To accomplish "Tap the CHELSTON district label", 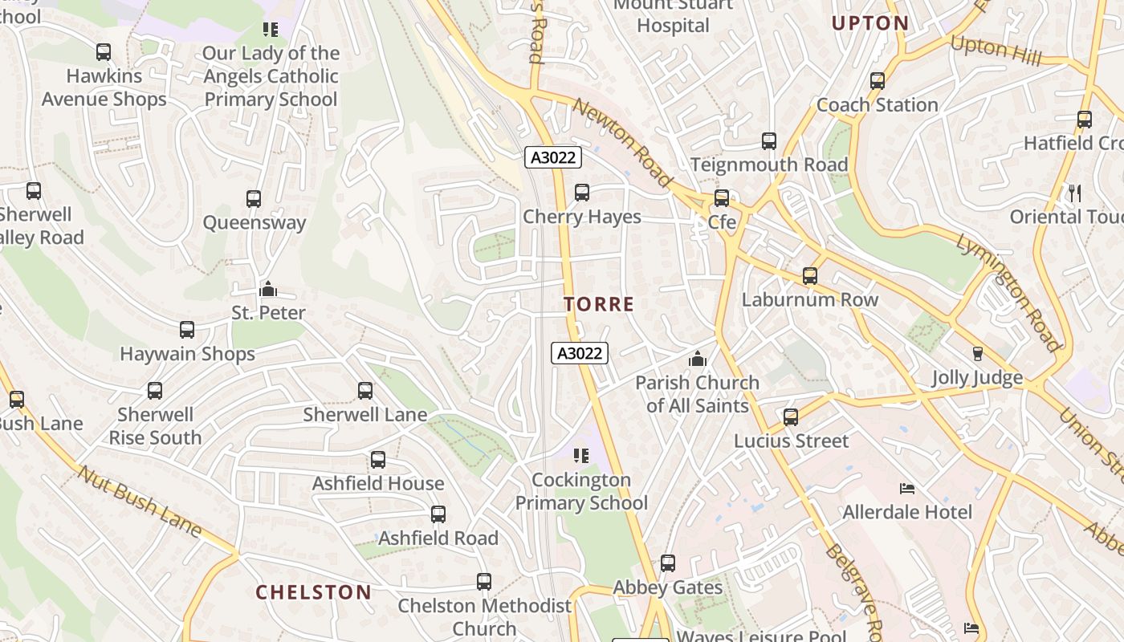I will tap(313, 593).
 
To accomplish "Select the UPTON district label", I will tap(870, 23).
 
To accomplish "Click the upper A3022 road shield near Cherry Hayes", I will tap(553, 157).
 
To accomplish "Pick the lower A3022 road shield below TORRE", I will tap(580, 353).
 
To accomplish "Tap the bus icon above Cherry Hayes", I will tap(582, 193).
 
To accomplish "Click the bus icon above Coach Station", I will tap(878, 81).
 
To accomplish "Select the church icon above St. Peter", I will tap(268, 289).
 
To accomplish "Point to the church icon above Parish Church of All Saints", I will tap(698, 359).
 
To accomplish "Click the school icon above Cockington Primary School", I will tap(581, 456).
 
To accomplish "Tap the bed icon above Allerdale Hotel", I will tap(907, 488).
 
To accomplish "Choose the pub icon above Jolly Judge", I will tap(977, 354).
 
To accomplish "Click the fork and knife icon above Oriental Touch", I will tap(1075, 193).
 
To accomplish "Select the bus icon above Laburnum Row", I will tap(810, 276).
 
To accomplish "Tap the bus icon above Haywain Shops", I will tap(187, 330).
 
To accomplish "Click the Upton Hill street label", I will tap(996, 51).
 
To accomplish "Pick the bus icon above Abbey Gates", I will tap(668, 563).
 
